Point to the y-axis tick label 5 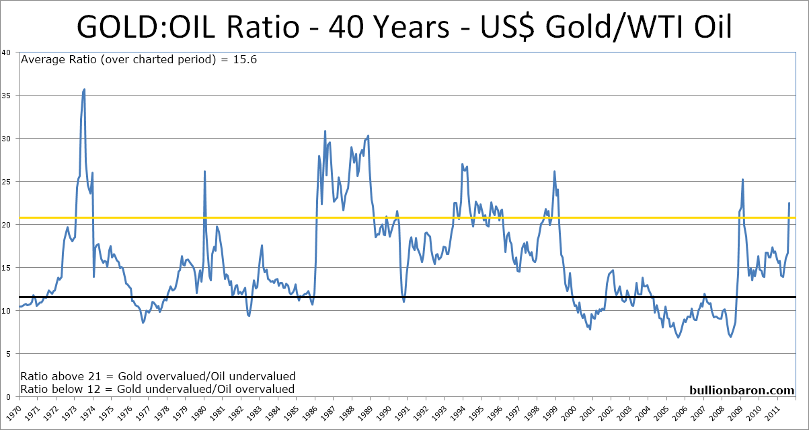8,354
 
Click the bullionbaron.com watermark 742,389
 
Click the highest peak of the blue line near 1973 84,89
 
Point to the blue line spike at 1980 204,172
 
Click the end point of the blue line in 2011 789,203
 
